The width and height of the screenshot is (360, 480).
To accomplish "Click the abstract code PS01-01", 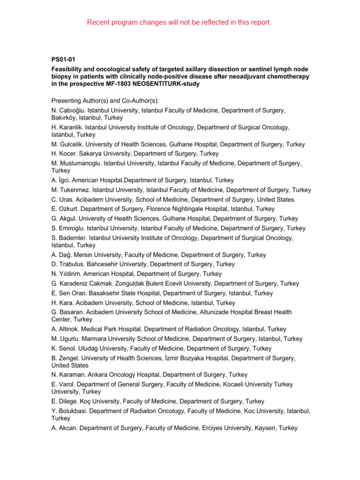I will (x=63, y=59).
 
